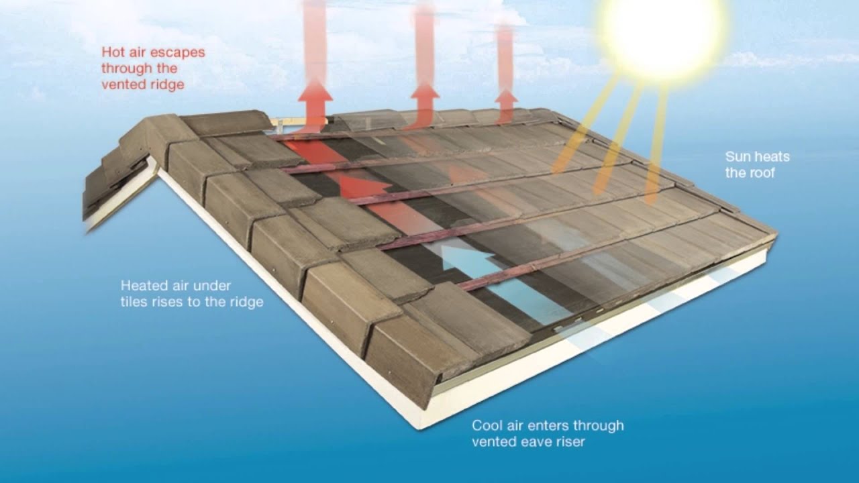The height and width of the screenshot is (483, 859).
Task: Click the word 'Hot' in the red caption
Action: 112,52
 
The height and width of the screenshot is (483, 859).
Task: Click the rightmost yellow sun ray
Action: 654,154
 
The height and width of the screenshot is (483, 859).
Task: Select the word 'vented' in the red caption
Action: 121,85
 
